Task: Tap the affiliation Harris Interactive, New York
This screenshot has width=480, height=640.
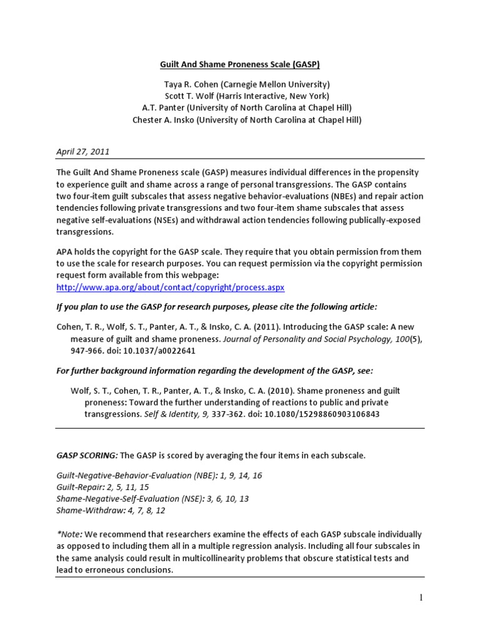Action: click(269, 96)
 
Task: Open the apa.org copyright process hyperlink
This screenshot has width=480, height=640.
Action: click(170, 287)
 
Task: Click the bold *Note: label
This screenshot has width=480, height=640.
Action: click(69, 534)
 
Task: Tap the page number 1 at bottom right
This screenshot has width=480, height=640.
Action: click(421, 598)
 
